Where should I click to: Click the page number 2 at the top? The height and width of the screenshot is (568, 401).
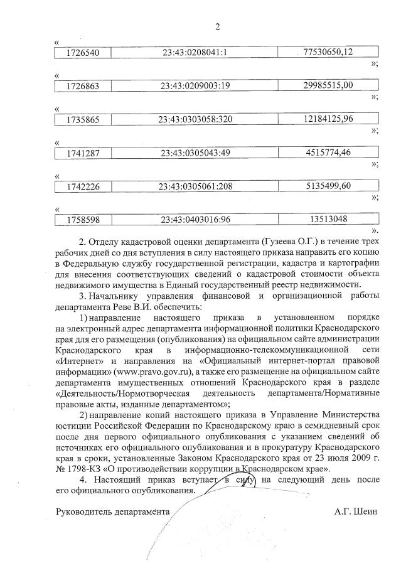click(218, 26)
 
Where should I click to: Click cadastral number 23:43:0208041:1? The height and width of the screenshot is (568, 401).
click(193, 52)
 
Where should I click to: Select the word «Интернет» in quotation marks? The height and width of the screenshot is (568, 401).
click(77, 361)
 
